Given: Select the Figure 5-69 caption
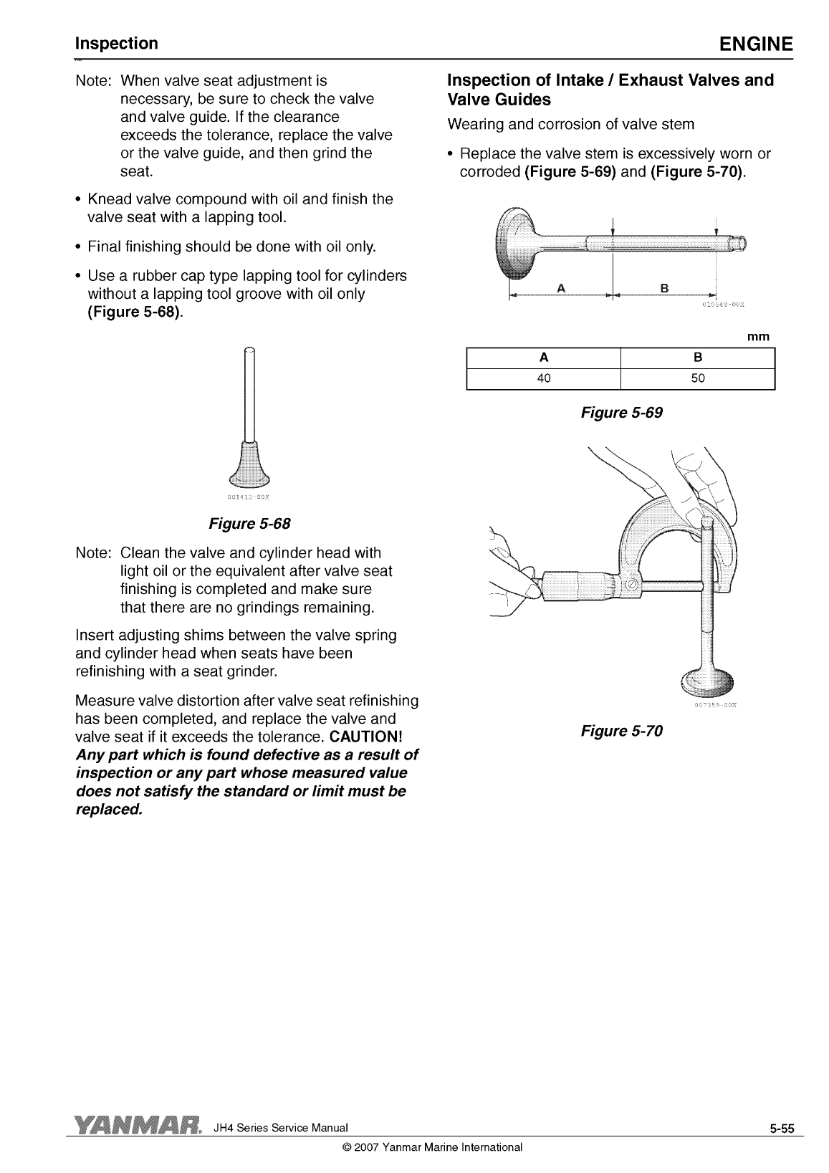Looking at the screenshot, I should pos(622,413).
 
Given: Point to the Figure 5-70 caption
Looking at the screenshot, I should pos(622,731).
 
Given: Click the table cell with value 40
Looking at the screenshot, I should pos(543,378).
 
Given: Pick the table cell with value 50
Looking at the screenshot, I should pos(698,378).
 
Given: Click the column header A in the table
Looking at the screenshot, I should pos(543,358).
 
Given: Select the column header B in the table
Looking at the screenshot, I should pos(698,358).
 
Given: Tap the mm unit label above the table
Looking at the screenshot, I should pos(757,337).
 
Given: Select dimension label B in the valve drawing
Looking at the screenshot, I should pos(664,288).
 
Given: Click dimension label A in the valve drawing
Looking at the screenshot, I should pos(561,288).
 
